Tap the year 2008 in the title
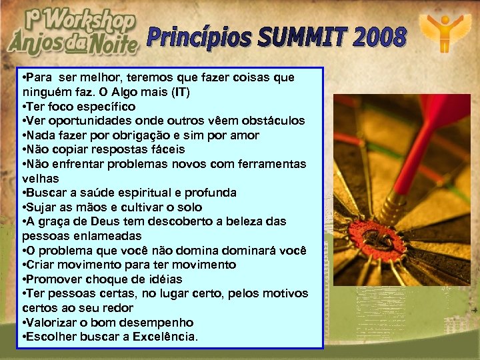[379, 39]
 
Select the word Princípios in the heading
[200, 38]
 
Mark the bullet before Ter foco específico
[24, 107]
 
